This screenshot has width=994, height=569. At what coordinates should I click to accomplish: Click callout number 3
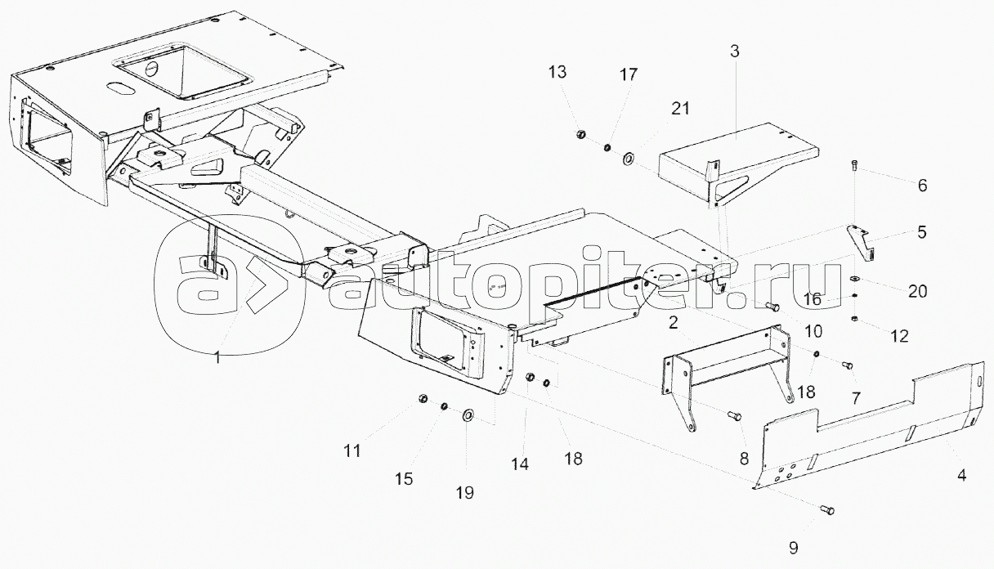click(735, 52)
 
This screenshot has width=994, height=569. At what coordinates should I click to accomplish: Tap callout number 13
click(557, 72)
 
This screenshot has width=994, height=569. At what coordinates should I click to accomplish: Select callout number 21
click(680, 109)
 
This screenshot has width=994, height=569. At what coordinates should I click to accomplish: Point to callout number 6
click(923, 185)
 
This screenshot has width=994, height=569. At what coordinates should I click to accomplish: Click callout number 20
click(918, 292)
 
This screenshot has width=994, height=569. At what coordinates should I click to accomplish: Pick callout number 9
click(794, 548)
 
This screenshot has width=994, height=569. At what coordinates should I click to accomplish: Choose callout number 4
click(961, 475)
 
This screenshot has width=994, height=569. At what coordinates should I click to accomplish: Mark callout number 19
click(464, 492)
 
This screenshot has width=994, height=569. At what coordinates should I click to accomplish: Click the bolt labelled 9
click(826, 510)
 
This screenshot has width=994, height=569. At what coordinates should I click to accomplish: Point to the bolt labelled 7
click(847, 365)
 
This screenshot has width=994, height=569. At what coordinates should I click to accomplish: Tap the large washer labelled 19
click(468, 415)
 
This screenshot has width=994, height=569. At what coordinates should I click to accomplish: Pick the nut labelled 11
click(423, 399)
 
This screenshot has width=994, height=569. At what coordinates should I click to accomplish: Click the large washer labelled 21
click(629, 159)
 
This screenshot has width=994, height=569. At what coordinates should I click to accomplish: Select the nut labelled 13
click(580, 133)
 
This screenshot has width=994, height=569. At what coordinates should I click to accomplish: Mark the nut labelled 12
click(855, 319)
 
